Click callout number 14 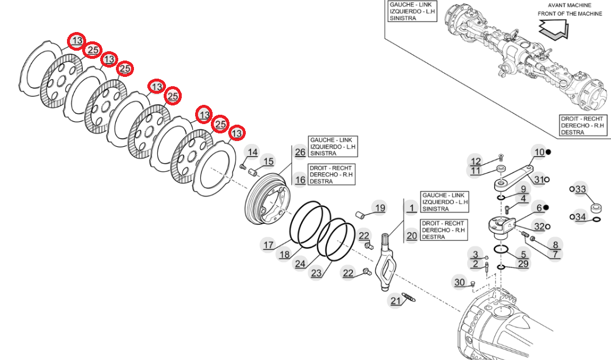coord(252,153)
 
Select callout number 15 coord(268,161)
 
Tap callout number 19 coord(380,208)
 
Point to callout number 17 coord(268,245)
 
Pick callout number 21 coord(396,301)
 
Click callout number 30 coord(460,283)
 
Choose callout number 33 coord(580,189)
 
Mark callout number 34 coord(580,217)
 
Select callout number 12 coord(476,161)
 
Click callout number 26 coord(300,153)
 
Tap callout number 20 coord(412,236)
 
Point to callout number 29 coord(523,264)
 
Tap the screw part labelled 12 coord(500,157)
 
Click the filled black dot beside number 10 coord(548,153)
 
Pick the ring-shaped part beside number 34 coord(596,219)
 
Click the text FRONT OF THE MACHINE coord(570,14)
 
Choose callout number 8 coord(555,245)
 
